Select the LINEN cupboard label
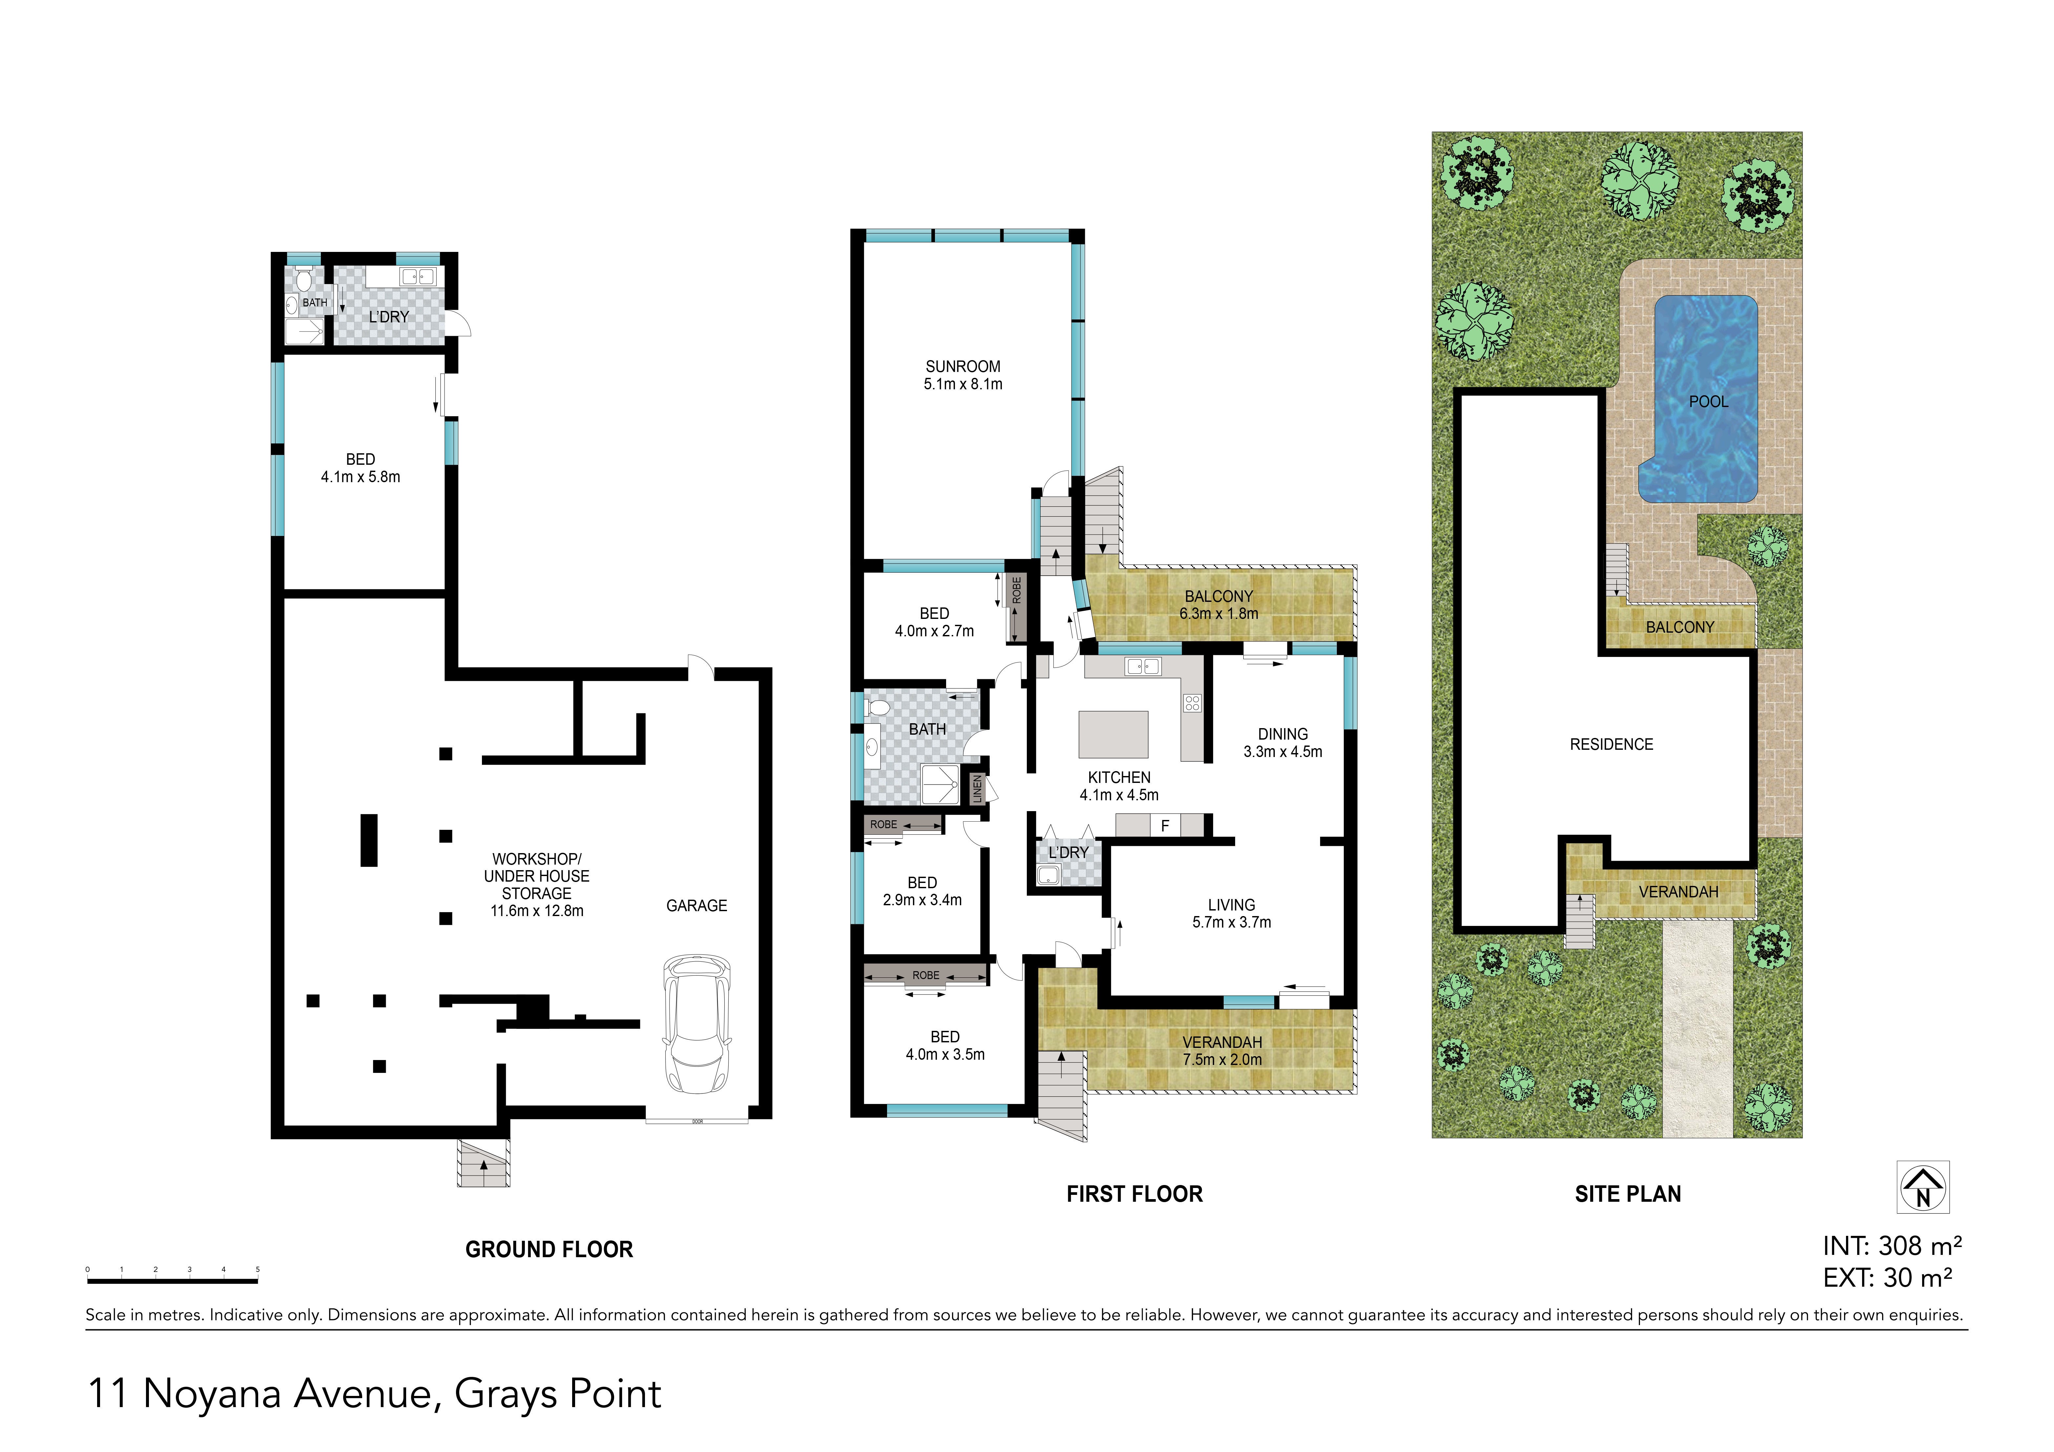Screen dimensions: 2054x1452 click(x=978, y=789)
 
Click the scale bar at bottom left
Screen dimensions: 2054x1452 click(x=173, y=1281)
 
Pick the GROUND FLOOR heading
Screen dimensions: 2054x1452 click(x=549, y=1250)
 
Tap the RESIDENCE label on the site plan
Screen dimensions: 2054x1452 click(x=1611, y=744)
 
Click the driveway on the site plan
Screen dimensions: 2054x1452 click(x=1698, y=1029)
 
